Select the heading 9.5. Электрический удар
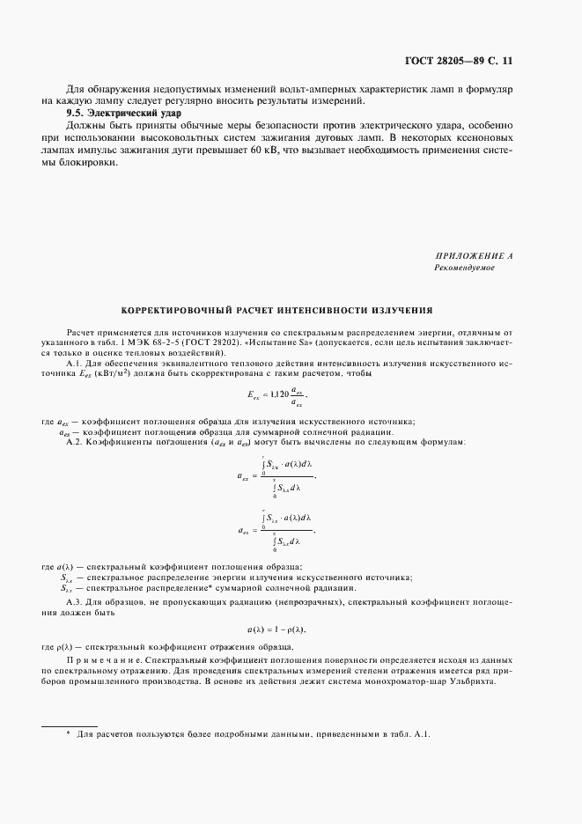124,114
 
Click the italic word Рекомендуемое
464,267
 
